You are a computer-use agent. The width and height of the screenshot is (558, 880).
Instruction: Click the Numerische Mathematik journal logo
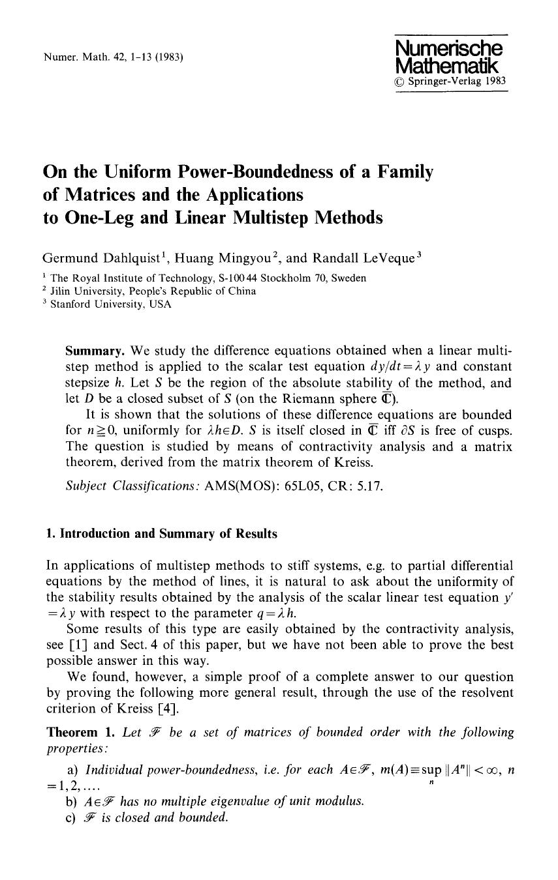(x=450, y=57)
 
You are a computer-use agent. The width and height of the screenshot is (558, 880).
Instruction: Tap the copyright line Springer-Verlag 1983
(x=450, y=82)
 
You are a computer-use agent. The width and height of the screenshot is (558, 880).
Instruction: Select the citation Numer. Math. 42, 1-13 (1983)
(x=113, y=57)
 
